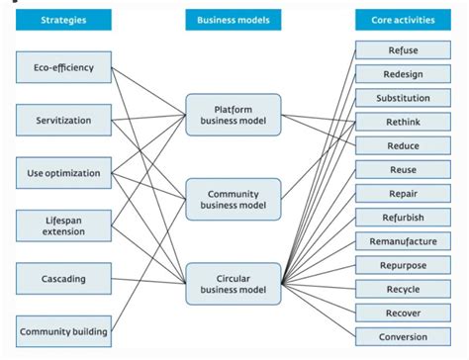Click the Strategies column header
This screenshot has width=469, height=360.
[63, 20]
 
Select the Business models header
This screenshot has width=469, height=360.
[234, 20]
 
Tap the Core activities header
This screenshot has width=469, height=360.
[403, 20]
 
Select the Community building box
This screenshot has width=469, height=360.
[63, 331]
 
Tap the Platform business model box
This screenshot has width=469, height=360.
[234, 115]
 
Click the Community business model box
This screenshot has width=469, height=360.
[234, 201]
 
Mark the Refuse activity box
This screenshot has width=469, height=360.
[403, 50]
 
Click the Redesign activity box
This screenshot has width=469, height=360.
[403, 74]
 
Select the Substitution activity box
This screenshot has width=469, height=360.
[403, 98]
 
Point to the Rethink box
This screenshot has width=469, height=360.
[403, 122]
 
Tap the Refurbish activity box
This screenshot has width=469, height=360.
[403, 218]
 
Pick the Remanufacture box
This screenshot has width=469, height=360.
[403, 241]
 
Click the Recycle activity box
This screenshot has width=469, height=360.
[403, 289]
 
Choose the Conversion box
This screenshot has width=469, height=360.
[403, 337]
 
